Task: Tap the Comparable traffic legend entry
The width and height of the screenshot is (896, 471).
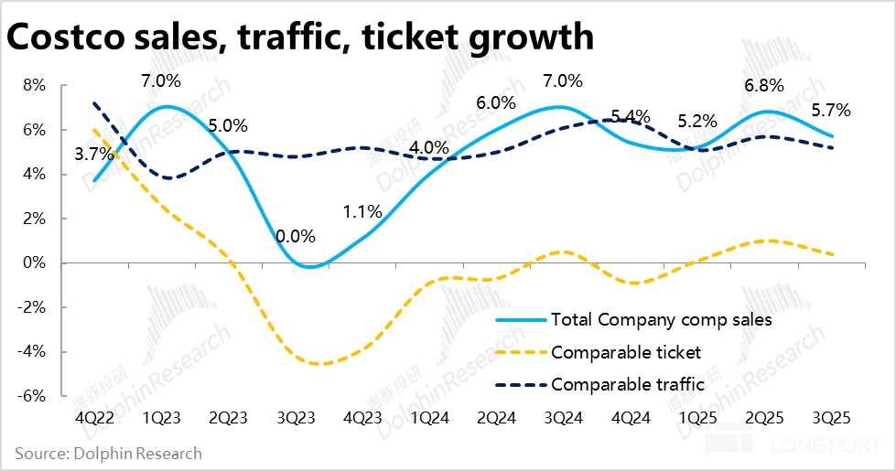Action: tap(628, 384)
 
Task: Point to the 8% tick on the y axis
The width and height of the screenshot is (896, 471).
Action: tap(33, 85)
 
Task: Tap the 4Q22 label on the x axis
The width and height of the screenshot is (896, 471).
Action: tap(94, 418)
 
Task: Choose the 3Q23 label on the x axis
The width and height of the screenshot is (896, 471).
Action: tap(297, 418)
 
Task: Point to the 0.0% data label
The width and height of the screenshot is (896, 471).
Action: tap(296, 237)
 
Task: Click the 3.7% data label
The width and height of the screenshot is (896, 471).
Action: tap(93, 155)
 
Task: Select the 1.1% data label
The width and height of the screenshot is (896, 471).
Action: tap(362, 211)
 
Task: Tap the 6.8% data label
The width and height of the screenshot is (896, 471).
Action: tap(764, 85)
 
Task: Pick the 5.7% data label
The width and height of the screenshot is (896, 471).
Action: tap(831, 111)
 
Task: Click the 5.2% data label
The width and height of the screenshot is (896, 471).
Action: tap(697, 121)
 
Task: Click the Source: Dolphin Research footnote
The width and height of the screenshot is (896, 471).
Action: tap(108, 453)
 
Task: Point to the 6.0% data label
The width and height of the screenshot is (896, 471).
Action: tap(496, 103)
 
